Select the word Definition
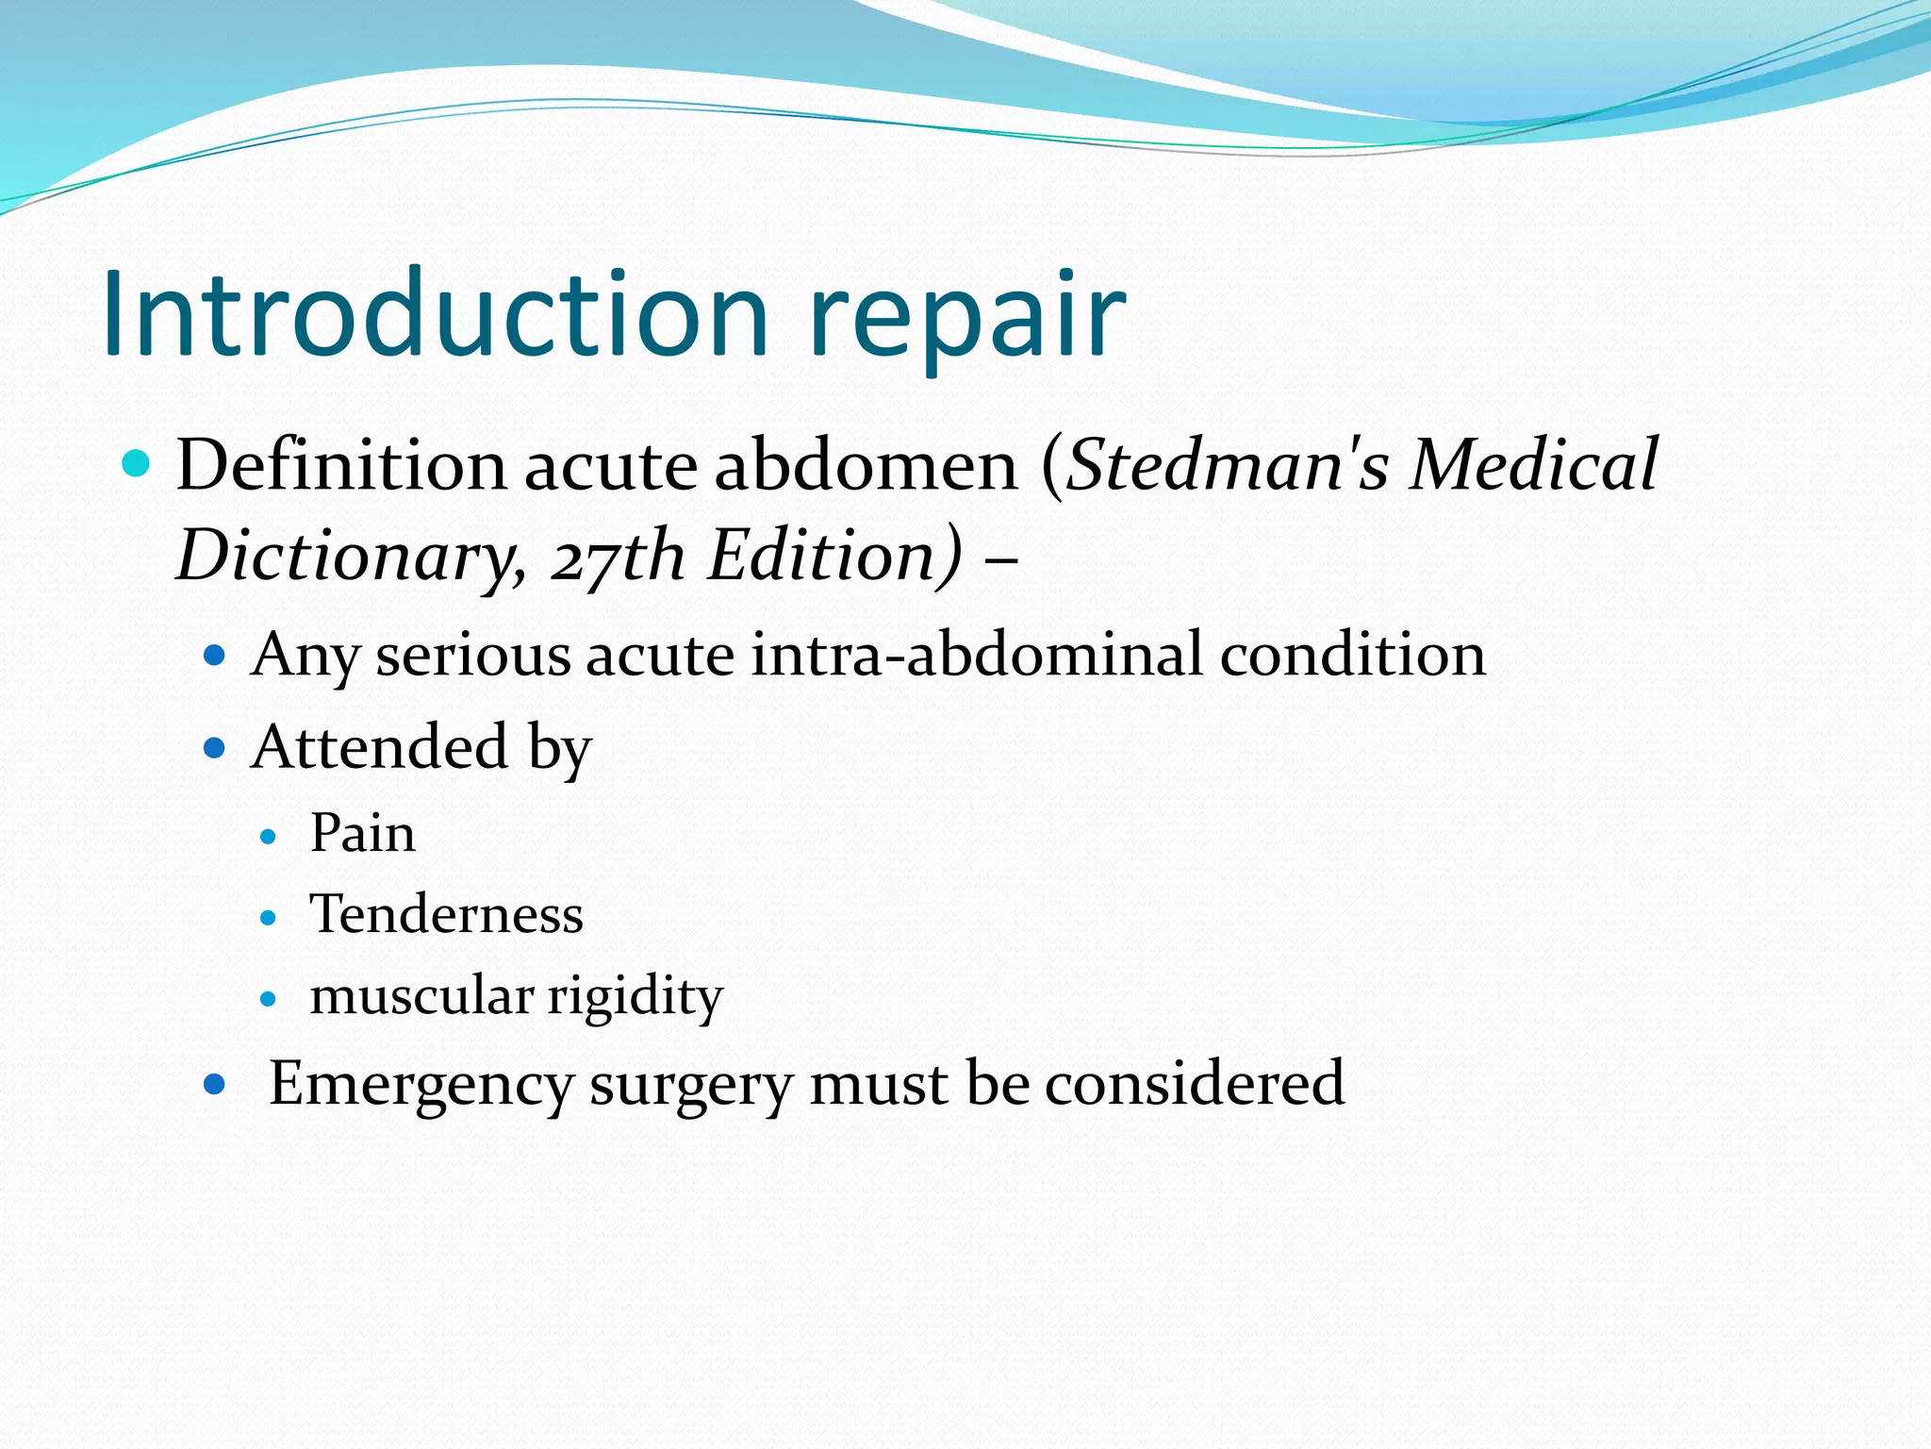point(341,465)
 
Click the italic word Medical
point(1533,465)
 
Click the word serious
point(473,655)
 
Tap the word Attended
point(380,747)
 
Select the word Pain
point(363,834)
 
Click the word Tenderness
point(447,915)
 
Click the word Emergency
point(421,1084)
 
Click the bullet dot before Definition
point(137,464)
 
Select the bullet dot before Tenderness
point(269,917)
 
